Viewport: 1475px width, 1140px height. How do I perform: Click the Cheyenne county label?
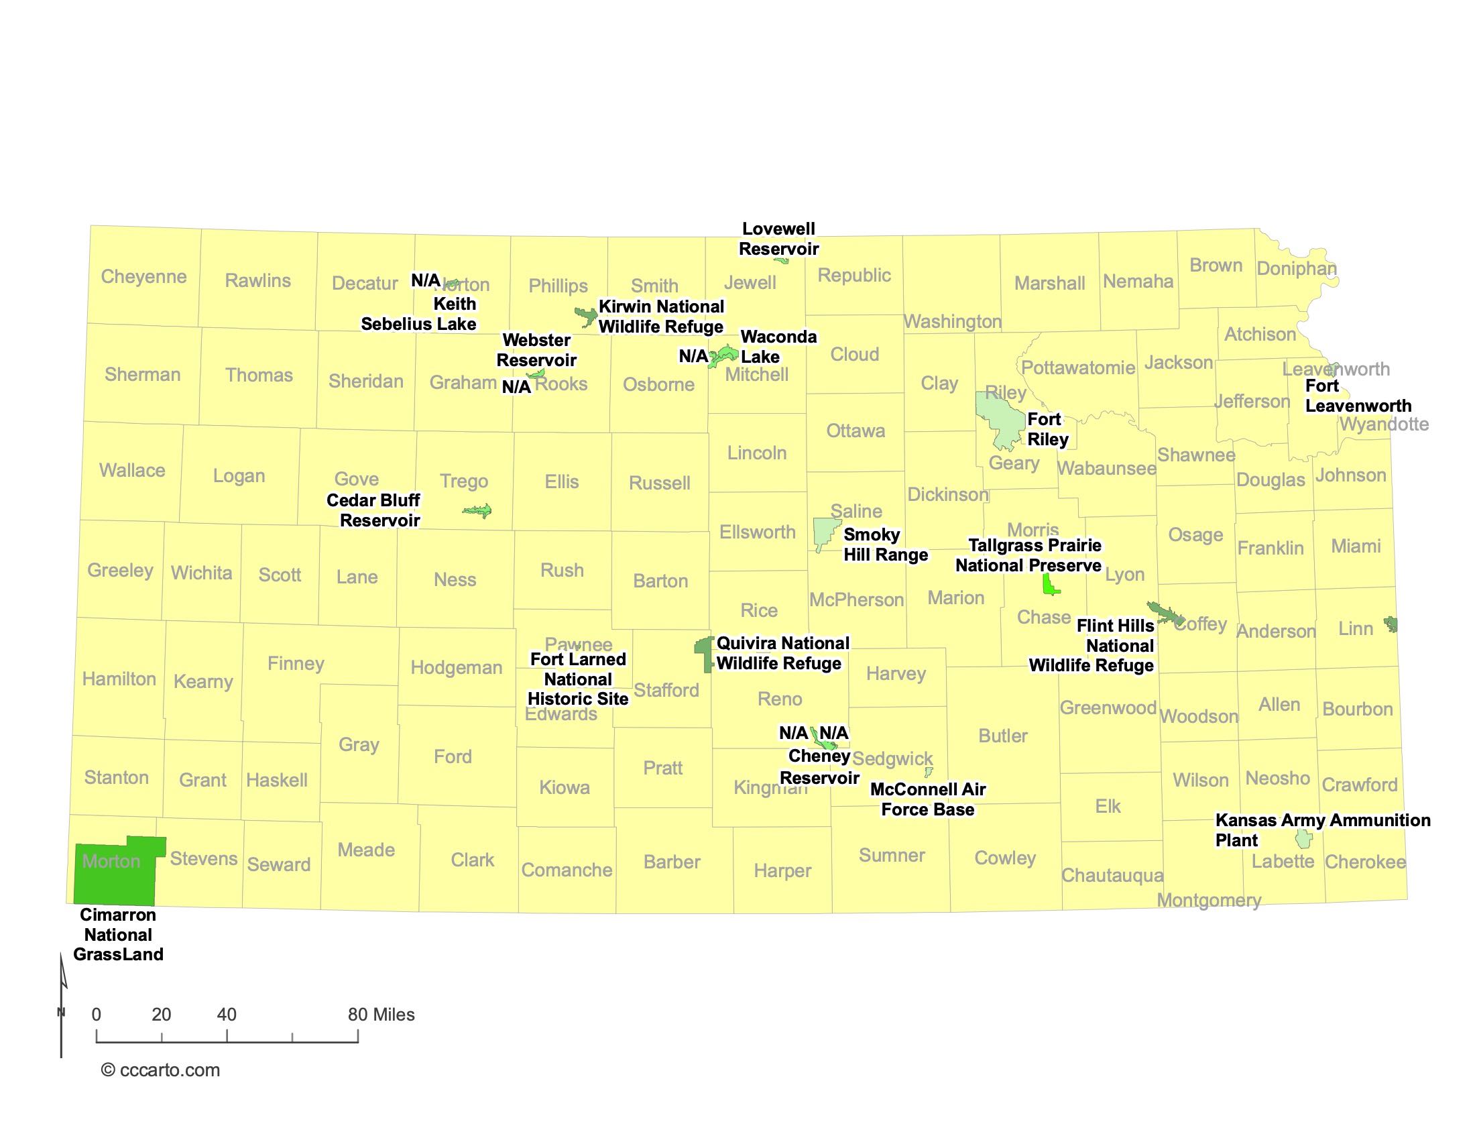click(x=143, y=276)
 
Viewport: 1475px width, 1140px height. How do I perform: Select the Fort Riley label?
click(x=1047, y=429)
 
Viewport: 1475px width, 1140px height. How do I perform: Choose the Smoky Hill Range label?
click(x=886, y=545)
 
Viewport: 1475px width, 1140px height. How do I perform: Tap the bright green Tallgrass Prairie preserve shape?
click(x=1049, y=584)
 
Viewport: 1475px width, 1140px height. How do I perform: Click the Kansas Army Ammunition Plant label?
click(x=1321, y=830)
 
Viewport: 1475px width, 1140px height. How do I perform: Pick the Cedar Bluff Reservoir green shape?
click(x=478, y=510)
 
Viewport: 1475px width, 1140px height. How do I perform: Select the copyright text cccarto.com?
click(x=161, y=1070)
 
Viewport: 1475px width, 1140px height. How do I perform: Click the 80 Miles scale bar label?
click(x=381, y=1015)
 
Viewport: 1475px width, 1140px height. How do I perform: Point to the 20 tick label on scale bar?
click(x=162, y=1015)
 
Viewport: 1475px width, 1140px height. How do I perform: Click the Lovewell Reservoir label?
click(x=778, y=239)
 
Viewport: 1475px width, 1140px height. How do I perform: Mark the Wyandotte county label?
click(x=1384, y=424)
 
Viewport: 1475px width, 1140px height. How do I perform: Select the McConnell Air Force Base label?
click(x=927, y=799)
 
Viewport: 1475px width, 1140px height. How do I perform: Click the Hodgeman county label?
click(x=456, y=667)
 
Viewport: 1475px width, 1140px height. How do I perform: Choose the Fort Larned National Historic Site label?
click(x=578, y=679)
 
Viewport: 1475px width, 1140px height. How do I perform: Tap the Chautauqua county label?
click(x=1112, y=875)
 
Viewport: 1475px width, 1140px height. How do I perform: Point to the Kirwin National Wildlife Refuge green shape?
click(x=585, y=315)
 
